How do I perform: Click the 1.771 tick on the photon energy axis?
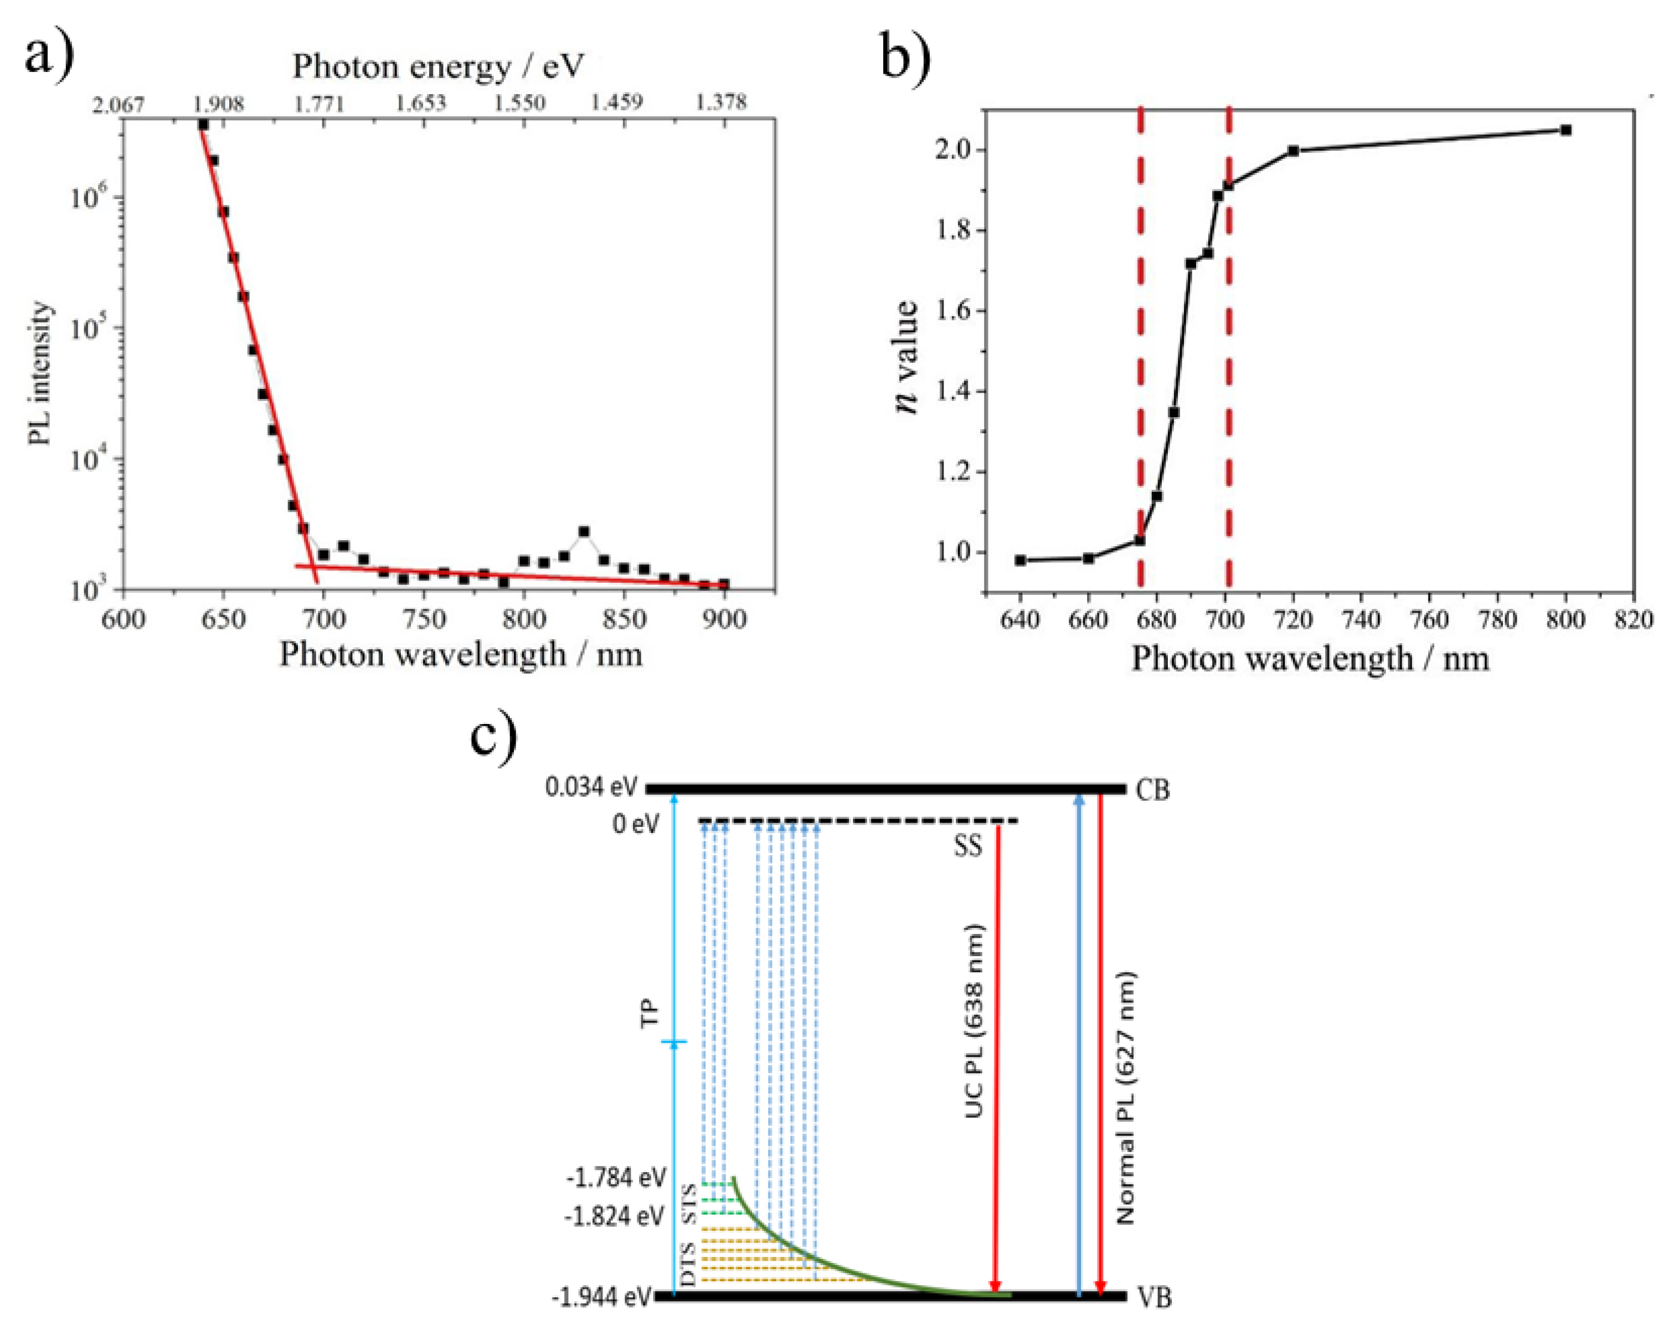point(319,103)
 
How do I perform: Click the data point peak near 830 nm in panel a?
point(584,532)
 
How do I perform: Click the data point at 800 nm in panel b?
point(1566,130)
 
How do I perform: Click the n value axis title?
point(907,357)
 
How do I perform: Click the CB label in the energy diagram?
point(1153,790)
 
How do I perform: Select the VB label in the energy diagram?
point(1153,1297)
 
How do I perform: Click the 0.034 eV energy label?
point(591,787)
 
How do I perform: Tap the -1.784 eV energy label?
point(615,1178)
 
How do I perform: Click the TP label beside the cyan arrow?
point(650,1013)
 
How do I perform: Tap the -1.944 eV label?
point(601,1297)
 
